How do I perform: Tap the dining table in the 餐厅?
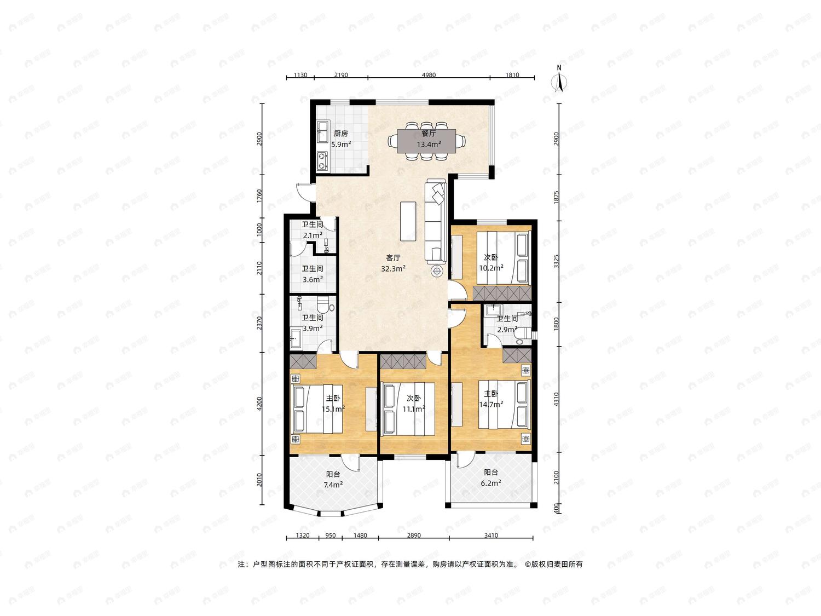coord(427,141)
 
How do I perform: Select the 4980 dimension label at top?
coord(429,75)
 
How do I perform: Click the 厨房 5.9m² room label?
coord(341,139)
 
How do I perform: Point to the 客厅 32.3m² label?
coord(394,263)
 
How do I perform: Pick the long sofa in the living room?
coord(435,221)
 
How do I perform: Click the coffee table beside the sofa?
coord(408,221)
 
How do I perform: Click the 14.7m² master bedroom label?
coord(491,399)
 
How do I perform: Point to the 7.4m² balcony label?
coord(333,480)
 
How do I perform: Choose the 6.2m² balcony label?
coord(491,477)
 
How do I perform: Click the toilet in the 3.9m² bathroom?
coord(325,305)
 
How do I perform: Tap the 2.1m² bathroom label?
coord(313,230)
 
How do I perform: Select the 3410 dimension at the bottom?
coord(491,535)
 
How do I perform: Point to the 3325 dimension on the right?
coord(557,261)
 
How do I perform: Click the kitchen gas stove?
coord(322,161)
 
